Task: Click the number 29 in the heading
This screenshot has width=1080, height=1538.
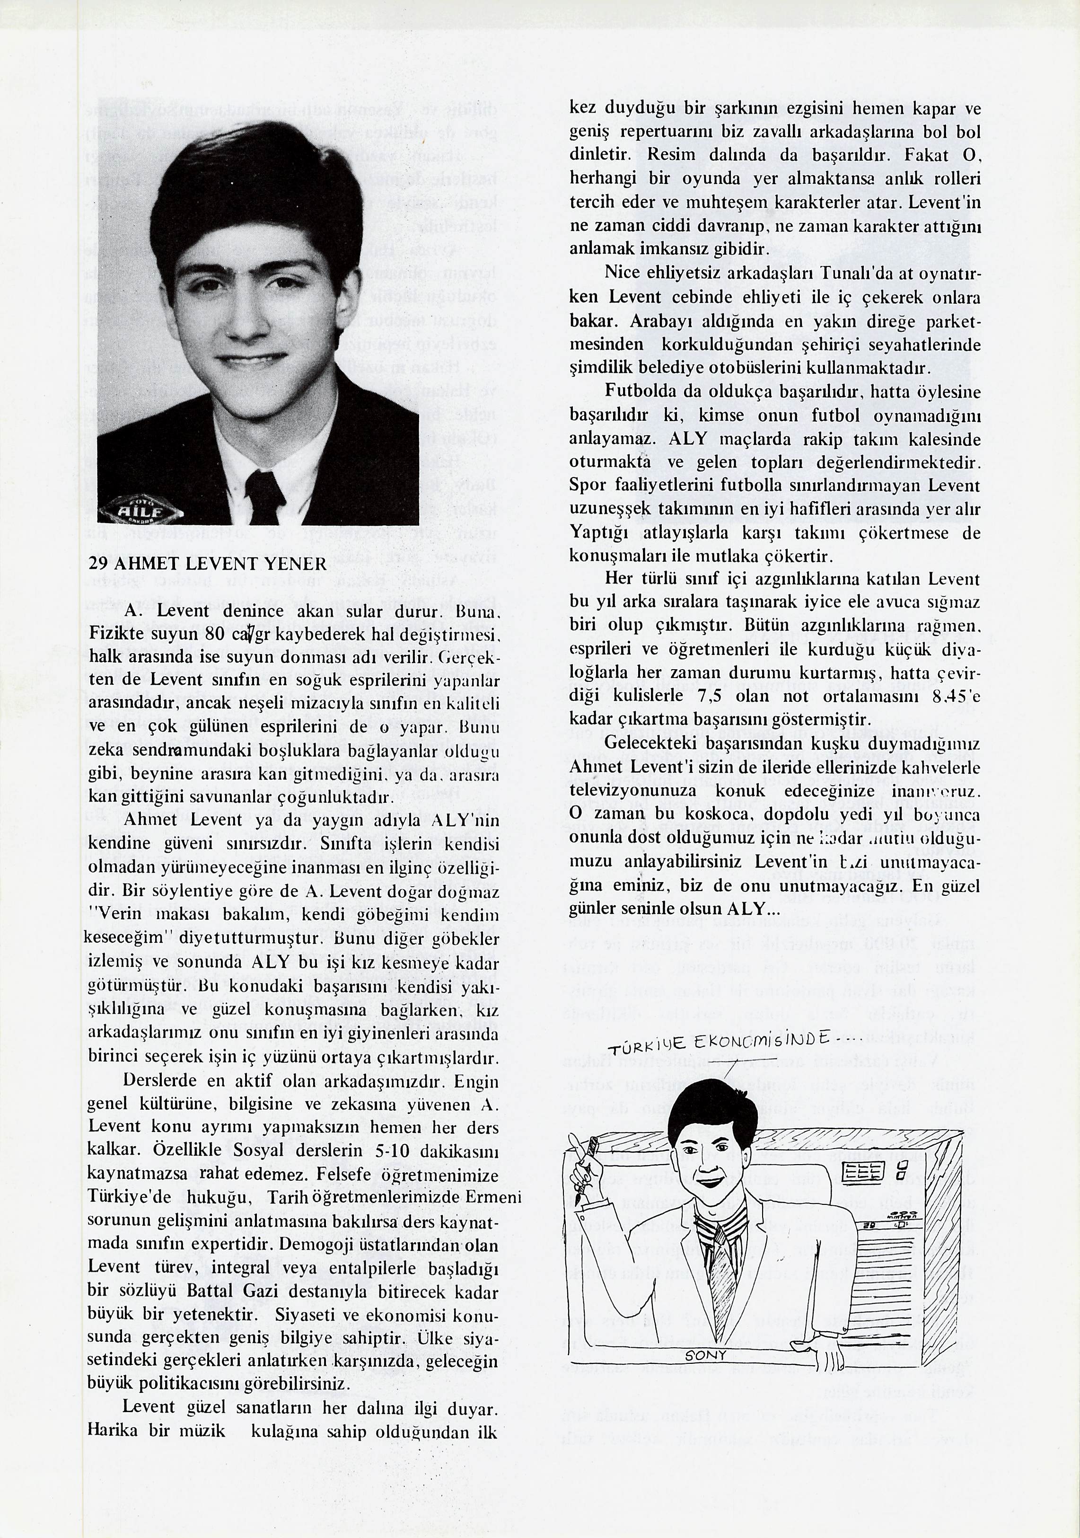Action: [98, 564]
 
